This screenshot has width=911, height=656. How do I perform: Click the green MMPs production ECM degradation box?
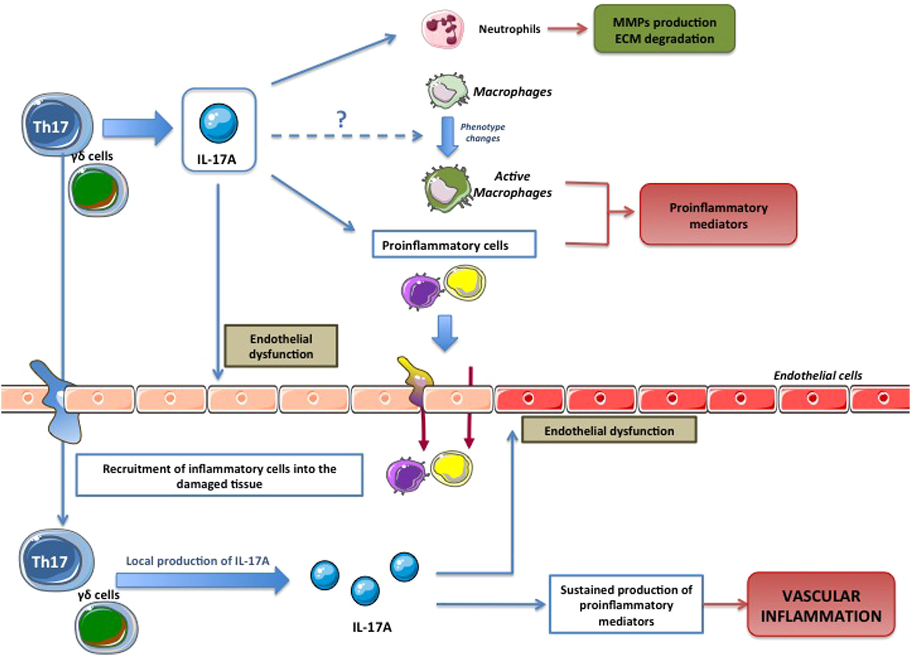664,29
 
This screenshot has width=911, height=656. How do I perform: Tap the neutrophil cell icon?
442,29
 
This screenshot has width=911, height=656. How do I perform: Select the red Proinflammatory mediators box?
718,214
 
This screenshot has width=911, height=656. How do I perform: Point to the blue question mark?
341,119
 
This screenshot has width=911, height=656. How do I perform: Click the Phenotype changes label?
482,132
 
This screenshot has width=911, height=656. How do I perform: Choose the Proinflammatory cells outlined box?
454,244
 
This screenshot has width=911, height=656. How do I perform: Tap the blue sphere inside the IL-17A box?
219,123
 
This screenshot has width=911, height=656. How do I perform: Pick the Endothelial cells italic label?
817,376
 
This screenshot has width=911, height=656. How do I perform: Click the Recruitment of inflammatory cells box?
219,475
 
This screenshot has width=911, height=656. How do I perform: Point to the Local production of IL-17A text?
197,561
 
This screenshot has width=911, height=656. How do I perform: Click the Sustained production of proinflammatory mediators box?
626,604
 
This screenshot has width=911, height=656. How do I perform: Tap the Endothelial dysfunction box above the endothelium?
281,346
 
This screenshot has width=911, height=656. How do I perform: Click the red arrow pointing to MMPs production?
567,29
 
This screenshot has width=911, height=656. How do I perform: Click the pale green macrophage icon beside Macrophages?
447,91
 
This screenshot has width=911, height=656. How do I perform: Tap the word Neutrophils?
509,29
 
